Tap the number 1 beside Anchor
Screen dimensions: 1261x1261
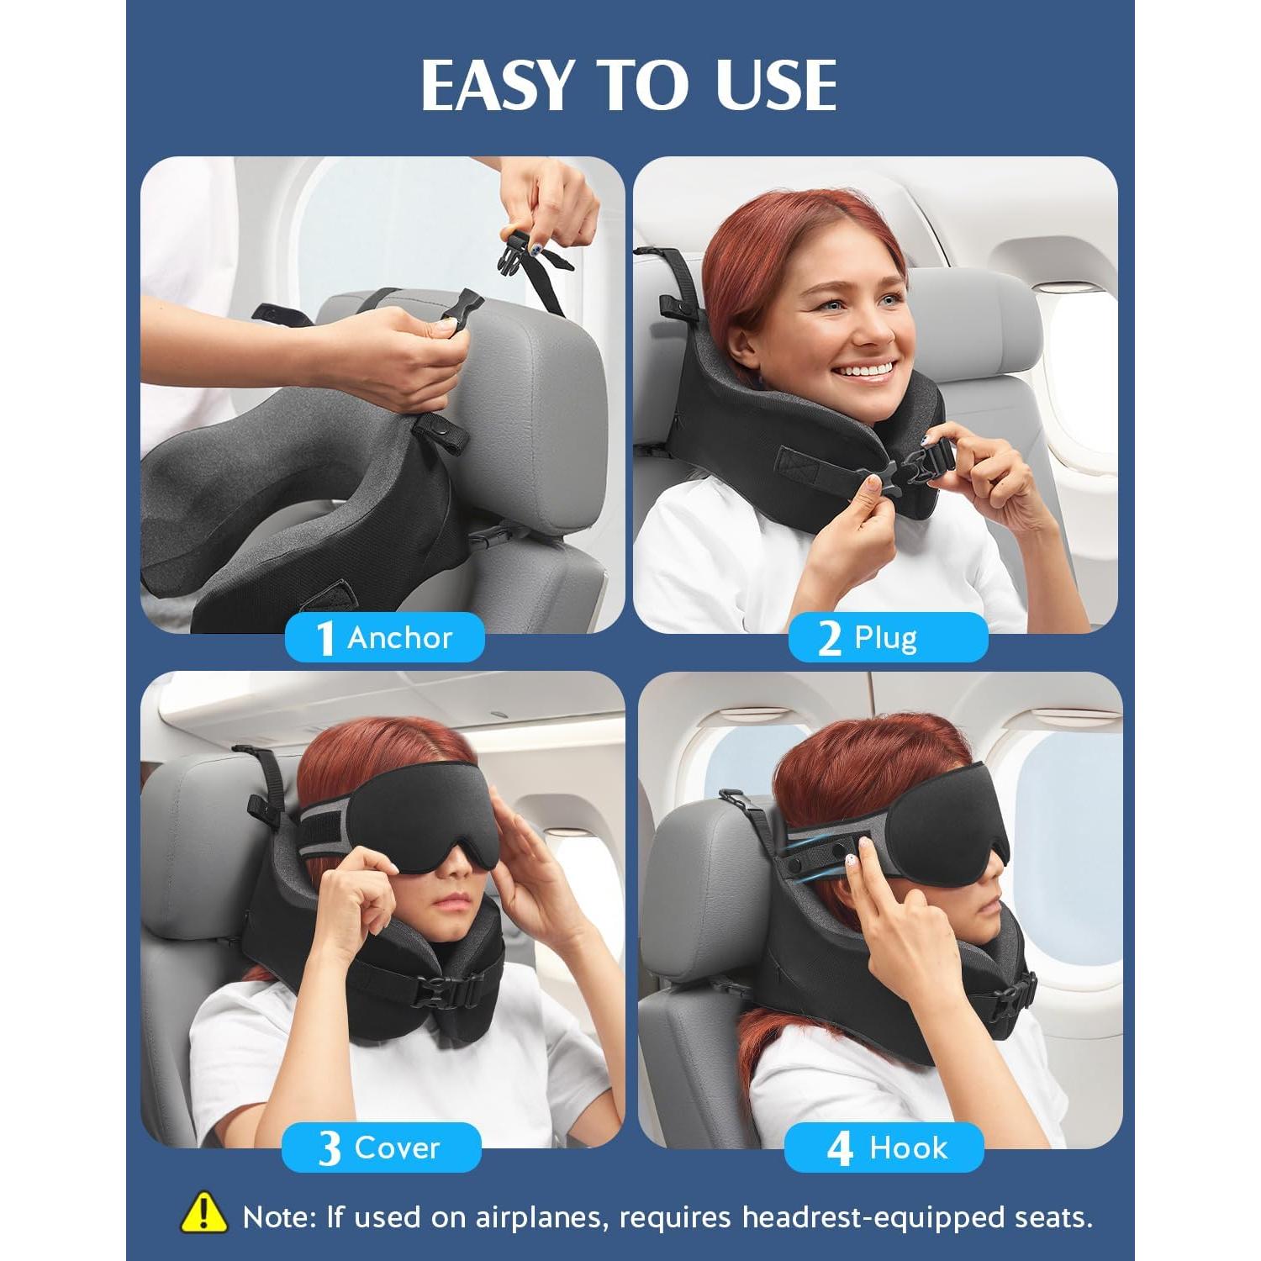(x=324, y=638)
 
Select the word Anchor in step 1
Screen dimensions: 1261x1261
(x=400, y=638)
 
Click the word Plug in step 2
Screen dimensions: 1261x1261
(x=885, y=638)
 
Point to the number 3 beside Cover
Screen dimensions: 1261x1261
(x=329, y=1148)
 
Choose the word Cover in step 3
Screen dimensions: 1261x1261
(x=397, y=1148)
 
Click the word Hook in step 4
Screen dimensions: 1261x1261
(x=908, y=1148)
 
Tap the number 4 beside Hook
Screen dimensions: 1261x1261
(x=840, y=1148)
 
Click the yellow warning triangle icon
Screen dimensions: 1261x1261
(x=203, y=1215)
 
